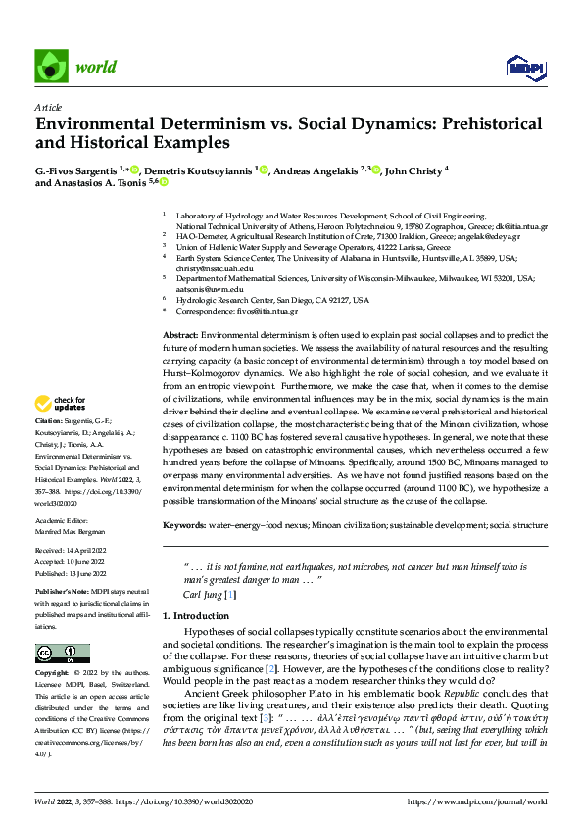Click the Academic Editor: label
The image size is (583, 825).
(63, 522)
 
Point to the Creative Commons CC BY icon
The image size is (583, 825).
(62, 653)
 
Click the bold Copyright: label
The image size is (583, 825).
(54, 674)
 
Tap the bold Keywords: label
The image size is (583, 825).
(184, 525)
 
